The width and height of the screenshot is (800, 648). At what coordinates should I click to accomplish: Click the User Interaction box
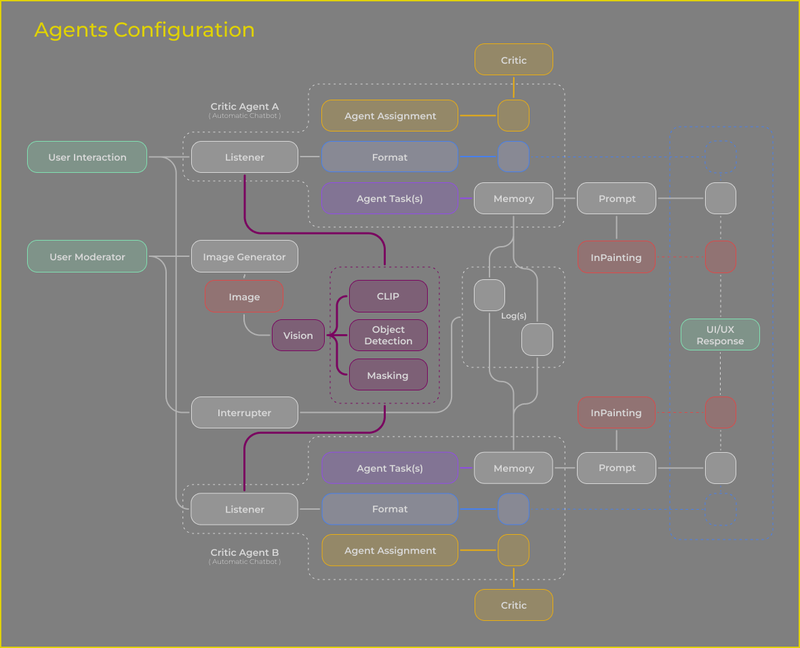coord(87,157)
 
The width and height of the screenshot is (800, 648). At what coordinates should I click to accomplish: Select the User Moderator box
coord(87,257)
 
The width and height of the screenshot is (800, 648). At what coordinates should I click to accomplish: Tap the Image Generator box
coord(244,257)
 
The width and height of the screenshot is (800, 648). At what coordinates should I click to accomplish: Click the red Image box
coord(244,297)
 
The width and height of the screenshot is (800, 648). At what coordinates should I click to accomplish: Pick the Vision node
coord(298,336)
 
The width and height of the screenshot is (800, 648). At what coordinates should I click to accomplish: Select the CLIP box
coord(388,296)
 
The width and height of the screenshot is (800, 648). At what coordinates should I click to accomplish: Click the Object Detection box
coord(388,336)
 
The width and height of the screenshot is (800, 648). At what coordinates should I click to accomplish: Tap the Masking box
coord(388,376)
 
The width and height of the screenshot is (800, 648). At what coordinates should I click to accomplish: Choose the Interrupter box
coord(244,413)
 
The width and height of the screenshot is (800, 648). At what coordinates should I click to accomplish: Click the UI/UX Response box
coord(720,336)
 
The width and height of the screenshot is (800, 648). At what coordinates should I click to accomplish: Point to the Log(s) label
coord(514,316)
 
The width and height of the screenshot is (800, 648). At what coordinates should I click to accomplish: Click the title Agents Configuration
coord(144,30)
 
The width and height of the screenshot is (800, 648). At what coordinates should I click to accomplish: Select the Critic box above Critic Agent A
coord(513,60)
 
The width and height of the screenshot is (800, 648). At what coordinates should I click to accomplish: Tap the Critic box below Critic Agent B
coord(513,605)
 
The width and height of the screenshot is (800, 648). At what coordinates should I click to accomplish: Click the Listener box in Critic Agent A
coord(244,157)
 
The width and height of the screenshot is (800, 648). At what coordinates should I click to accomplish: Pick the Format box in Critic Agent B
coord(390,509)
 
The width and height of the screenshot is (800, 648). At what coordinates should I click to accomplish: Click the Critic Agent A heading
coord(244,106)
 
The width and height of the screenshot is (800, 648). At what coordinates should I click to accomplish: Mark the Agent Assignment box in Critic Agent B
coord(390,550)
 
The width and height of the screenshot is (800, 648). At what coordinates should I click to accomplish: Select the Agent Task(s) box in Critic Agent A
coord(390,199)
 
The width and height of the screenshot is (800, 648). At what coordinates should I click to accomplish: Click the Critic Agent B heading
coord(244,552)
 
